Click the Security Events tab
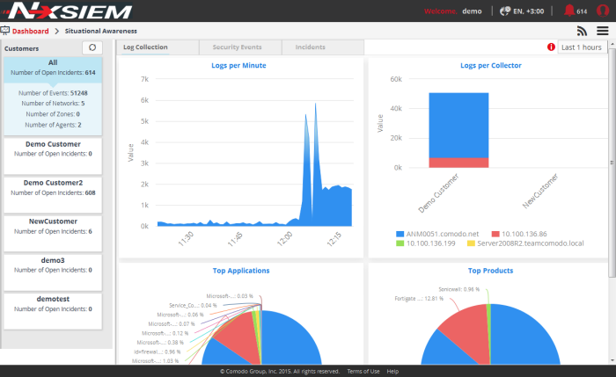pos(238,47)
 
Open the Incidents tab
pos(310,47)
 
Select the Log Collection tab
pos(145,47)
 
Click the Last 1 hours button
pos(581,47)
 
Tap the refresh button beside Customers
pos(92,47)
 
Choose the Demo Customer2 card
pos(52,187)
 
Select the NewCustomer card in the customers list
pos(52,226)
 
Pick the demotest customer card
pos(52,303)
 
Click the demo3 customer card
pos(52,265)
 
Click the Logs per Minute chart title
pos(238,66)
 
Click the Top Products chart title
pos(491,271)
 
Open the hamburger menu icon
pos(602,31)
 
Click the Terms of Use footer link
pos(363,372)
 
